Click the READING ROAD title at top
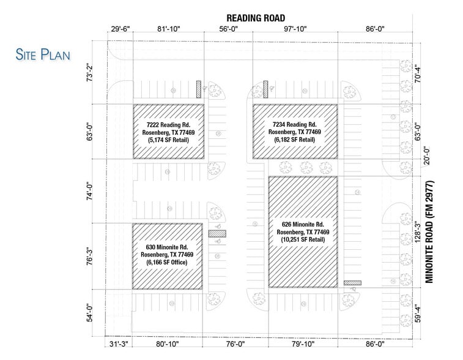point(256,18)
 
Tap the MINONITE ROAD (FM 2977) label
point(429,233)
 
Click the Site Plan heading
point(43,54)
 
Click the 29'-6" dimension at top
point(120,29)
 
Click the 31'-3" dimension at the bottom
point(117,344)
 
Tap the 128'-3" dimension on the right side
point(418,232)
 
